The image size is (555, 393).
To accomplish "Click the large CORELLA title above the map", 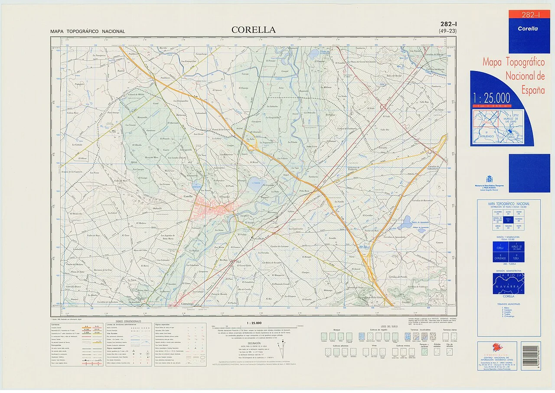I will (x=253, y=30).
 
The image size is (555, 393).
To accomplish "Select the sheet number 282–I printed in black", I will (x=447, y=24).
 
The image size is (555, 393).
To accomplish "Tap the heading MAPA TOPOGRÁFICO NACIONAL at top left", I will (x=87, y=32).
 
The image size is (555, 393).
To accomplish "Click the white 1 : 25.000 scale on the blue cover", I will (x=491, y=98).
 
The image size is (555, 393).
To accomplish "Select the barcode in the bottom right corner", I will (x=530, y=356).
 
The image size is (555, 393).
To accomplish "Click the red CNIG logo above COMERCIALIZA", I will (x=497, y=348).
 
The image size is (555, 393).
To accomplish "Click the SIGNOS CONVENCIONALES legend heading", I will (x=128, y=321).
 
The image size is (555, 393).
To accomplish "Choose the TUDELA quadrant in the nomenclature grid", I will (x=516, y=257).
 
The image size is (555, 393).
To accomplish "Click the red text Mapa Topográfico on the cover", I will (x=514, y=62).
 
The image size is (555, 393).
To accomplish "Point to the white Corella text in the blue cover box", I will (x=527, y=29).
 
